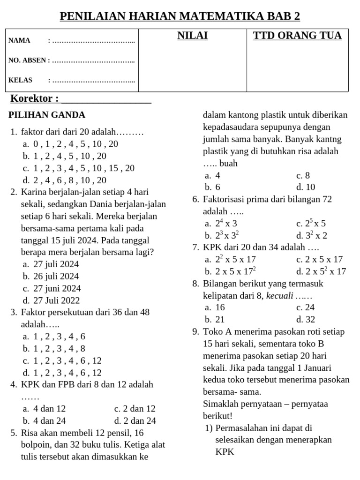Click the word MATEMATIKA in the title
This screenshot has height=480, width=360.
click(219, 16)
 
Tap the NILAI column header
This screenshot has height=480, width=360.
click(192, 36)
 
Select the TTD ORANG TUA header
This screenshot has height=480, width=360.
click(297, 36)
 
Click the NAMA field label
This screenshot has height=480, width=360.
click(19, 41)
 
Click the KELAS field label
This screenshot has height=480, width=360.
click(20, 80)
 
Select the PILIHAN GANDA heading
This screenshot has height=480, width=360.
click(47, 115)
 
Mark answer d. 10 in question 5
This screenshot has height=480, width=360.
click(306, 187)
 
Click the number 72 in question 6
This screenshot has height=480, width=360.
click(328, 199)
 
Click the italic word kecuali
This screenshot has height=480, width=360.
click(280, 296)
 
